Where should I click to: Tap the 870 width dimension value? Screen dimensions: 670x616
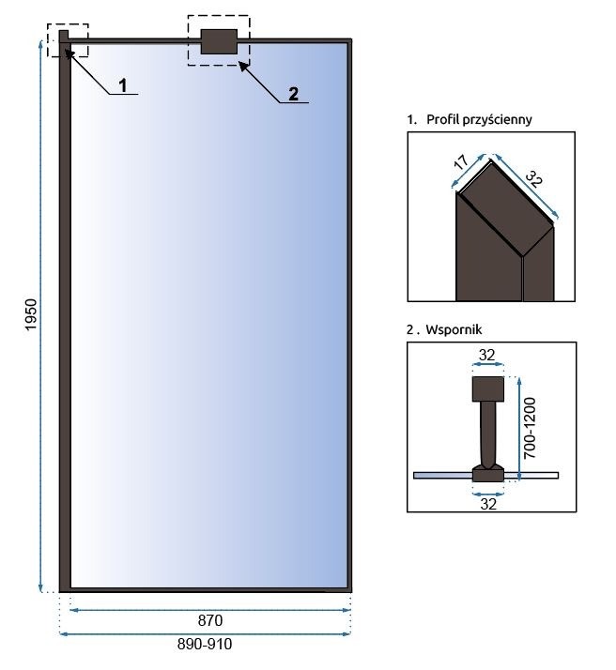click(x=209, y=620)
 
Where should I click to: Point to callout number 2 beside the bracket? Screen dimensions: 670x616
click(x=293, y=92)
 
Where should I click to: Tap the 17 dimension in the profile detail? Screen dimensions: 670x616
click(x=460, y=165)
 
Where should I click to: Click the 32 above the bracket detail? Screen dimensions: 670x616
click(x=486, y=355)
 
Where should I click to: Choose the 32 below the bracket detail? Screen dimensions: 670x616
click(x=487, y=503)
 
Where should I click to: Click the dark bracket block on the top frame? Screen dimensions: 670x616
click(x=219, y=40)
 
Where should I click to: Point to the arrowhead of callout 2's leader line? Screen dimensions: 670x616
click(x=242, y=63)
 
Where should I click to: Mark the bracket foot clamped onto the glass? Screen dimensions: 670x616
click(x=487, y=473)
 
